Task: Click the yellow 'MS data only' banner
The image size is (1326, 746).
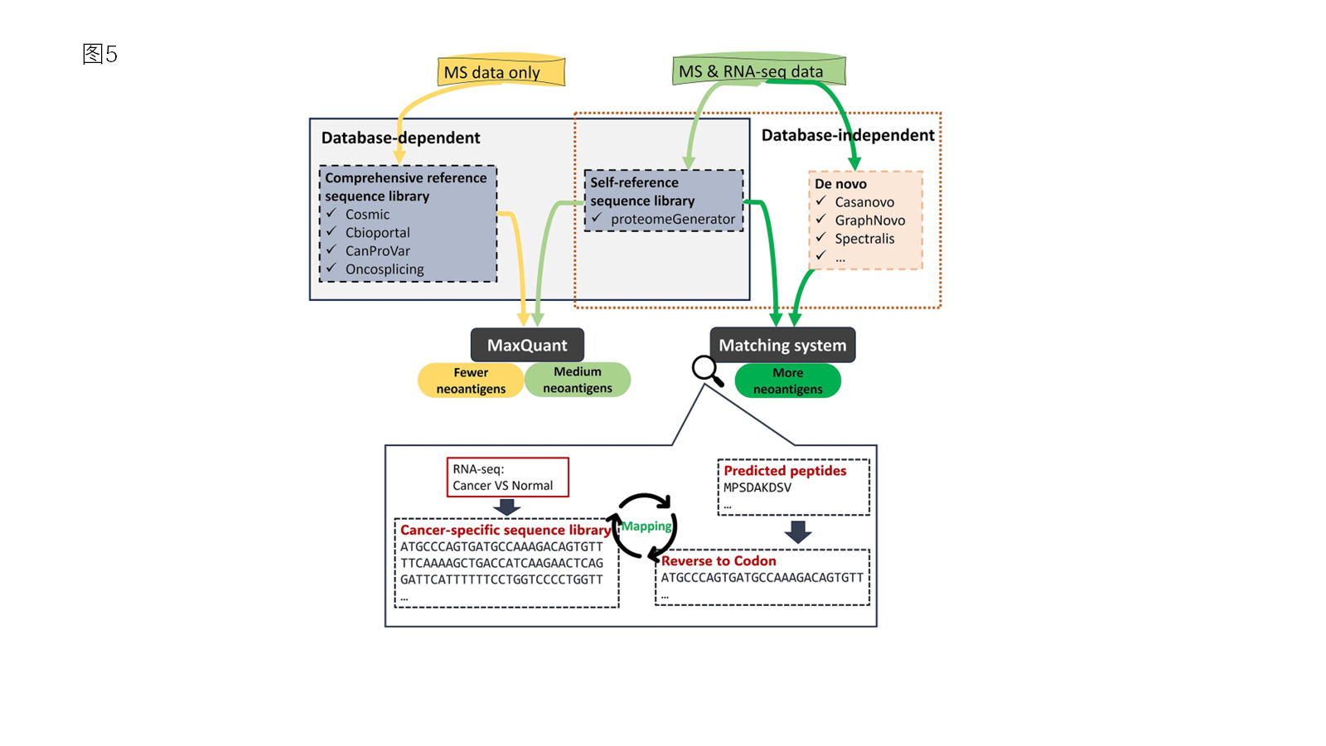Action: pyautogui.click(x=501, y=72)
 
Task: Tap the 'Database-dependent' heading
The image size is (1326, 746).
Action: pyautogui.click(x=400, y=138)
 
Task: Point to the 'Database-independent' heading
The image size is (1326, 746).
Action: pyautogui.click(x=847, y=135)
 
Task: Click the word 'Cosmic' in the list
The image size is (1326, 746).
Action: pyautogui.click(x=367, y=215)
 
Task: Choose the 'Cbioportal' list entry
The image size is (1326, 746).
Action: pyautogui.click(x=377, y=233)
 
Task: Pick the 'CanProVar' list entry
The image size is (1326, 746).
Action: pyautogui.click(x=377, y=251)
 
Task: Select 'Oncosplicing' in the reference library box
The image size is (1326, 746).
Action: pyautogui.click(x=385, y=269)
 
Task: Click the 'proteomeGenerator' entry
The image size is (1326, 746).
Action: pyautogui.click(x=672, y=220)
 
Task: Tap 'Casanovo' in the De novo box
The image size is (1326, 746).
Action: pyautogui.click(x=864, y=202)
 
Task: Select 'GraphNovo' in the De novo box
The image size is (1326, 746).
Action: pyautogui.click(x=869, y=220)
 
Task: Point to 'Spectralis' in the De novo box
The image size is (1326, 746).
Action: pyautogui.click(x=864, y=239)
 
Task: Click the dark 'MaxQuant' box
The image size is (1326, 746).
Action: pyautogui.click(x=527, y=345)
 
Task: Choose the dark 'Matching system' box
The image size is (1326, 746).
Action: pyautogui.click(x=782, y=345)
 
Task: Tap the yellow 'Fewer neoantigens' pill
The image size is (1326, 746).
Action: pyautogui.click(x=471, y=380)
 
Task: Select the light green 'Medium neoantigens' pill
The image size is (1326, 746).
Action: pyautogui.click(x=578, y=380)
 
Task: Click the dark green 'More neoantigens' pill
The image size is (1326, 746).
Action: pyautogui.click(x=787, y=380)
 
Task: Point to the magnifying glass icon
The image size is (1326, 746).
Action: pyautogui.click(x=707, y=370)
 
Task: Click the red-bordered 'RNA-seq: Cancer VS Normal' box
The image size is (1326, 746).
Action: pyautogui.click(x=507, y=477)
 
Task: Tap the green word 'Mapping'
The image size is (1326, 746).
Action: pyautogui.click(x=646, y=526)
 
